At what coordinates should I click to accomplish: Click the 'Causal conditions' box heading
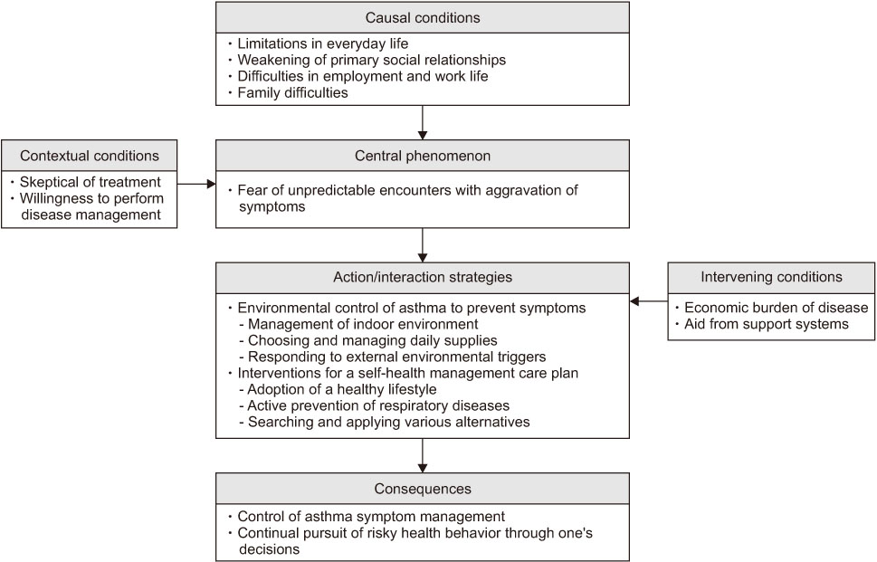423,17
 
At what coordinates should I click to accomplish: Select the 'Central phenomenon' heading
423,156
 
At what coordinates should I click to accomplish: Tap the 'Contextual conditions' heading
90,156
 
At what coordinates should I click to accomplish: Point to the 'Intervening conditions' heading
771,277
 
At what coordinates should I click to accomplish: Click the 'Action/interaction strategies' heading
423,277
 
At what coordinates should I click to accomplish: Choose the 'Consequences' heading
423,489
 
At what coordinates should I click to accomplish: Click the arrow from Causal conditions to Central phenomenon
423,122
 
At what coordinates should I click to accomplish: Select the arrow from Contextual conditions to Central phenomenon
196,184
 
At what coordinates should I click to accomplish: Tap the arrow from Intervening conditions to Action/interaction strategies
649,301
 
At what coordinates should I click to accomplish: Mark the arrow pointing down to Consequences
423,455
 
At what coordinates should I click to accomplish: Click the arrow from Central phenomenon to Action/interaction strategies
423,245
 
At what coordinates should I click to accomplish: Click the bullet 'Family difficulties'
292,92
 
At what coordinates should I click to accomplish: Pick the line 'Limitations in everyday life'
323,43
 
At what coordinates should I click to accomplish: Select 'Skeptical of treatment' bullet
90,182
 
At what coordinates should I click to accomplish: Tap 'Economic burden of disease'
777,308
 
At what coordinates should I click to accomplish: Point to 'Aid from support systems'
767,324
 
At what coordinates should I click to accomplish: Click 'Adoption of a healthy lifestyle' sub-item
342,389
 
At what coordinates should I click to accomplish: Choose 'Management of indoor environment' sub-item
363,324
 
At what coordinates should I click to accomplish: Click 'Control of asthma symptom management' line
371,516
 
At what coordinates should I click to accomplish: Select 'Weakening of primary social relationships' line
371,60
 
